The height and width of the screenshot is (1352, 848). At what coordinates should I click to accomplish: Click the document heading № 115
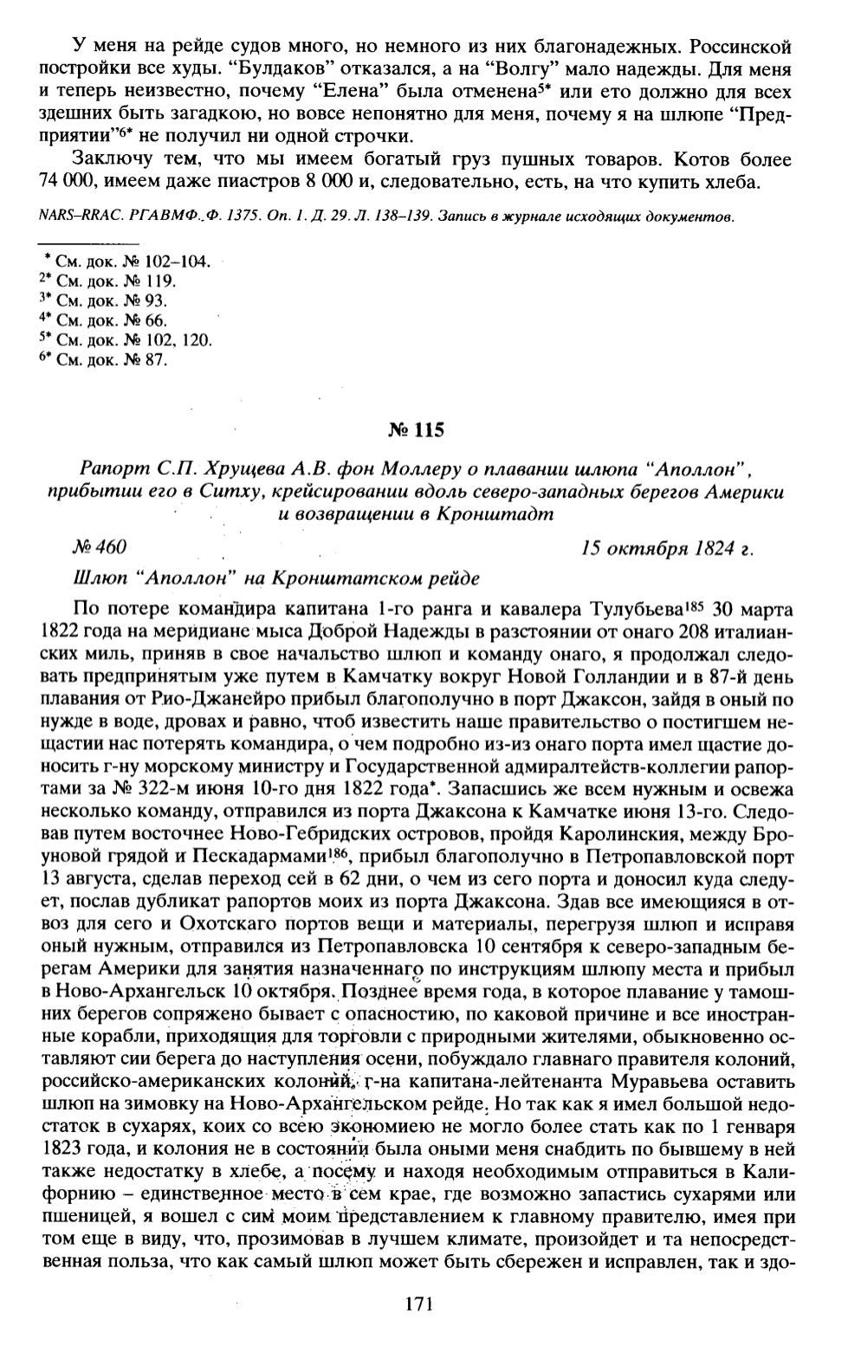coord(418,429)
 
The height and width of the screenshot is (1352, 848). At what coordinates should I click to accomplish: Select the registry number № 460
coord(100,547)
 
